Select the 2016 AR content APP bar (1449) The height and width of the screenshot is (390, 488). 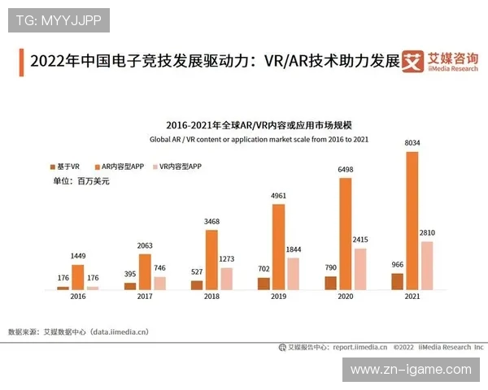pos(78,277)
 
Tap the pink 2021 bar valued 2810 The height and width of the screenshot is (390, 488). pos(427,265)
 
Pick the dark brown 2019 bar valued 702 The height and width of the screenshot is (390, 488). pos(264,284)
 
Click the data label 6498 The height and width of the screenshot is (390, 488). pos(345,170)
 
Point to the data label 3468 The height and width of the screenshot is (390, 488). pos(211,222)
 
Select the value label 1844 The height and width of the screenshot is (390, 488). pos(293,249)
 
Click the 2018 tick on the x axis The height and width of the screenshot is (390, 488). pos(211,297)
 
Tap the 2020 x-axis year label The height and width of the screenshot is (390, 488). pos(345,297)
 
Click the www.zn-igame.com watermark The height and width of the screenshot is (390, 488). pos(411,370)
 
